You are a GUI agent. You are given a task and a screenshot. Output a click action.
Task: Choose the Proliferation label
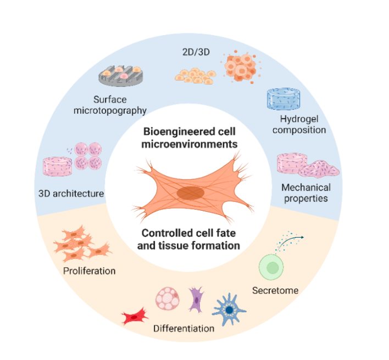click(x=89, y=271)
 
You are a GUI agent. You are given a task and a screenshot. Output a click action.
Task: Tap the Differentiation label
click(x=184, y=329)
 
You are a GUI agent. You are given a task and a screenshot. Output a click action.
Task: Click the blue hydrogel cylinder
click(x=289, y=99)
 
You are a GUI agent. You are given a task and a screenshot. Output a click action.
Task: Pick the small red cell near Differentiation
click(x=135, y=317)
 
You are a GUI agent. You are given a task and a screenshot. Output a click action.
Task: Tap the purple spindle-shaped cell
click(x=196, y=300)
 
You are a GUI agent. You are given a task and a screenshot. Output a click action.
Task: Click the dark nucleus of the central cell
click(x=190, y=193)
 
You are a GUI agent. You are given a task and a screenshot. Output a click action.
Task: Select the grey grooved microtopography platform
click(x=121, y=77)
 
